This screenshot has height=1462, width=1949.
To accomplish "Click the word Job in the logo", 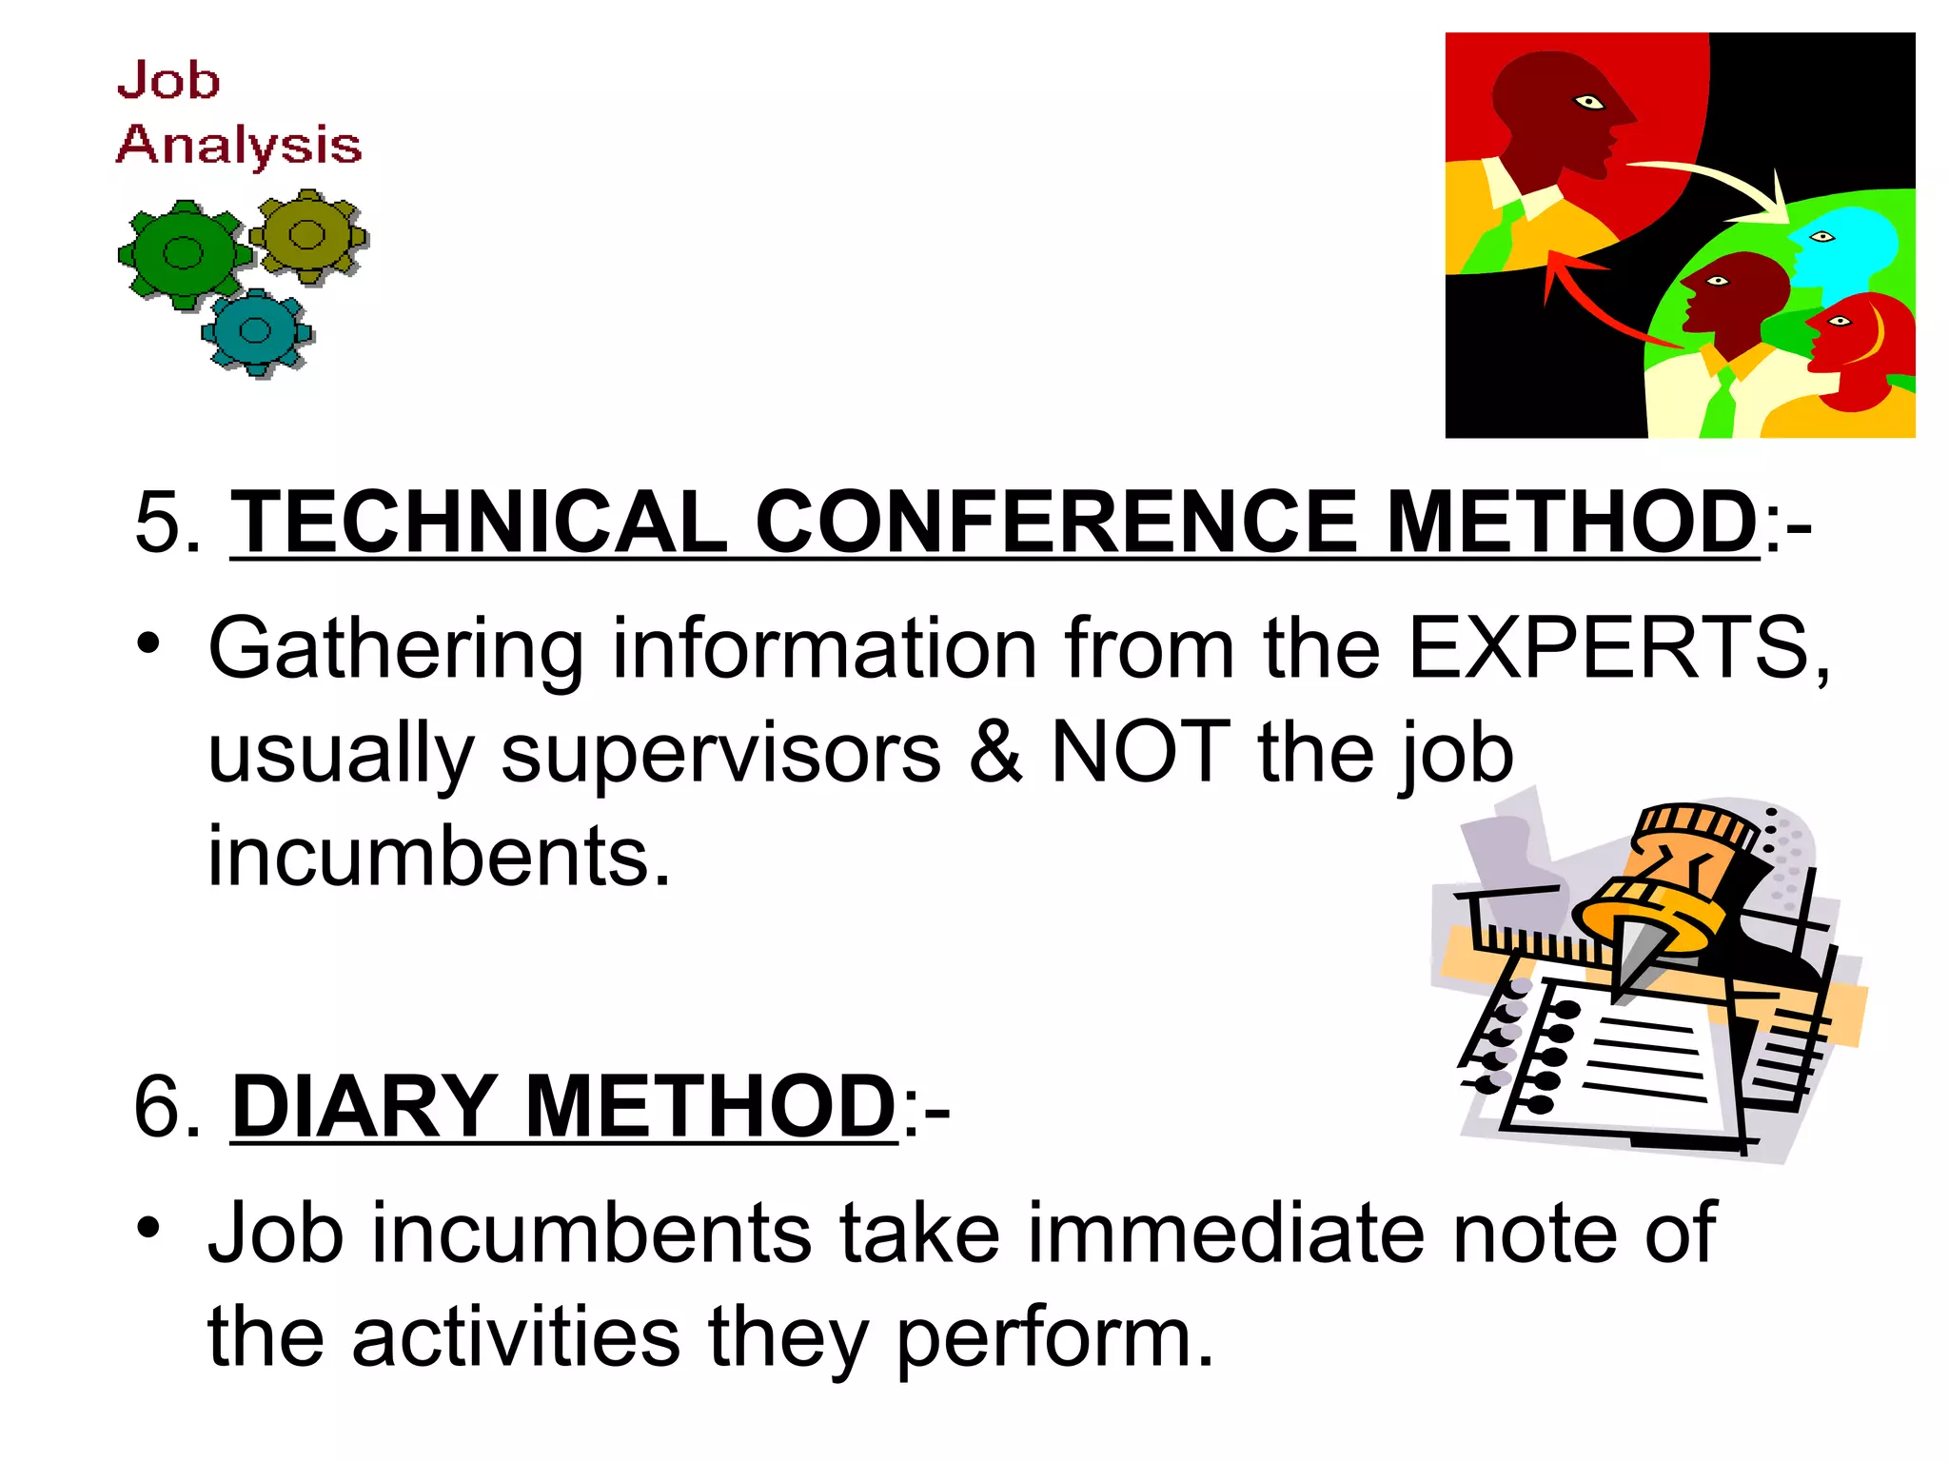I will pos(168,80).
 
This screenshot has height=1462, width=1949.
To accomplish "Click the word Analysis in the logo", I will pos(239,147).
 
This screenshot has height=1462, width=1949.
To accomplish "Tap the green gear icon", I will pos(183,253).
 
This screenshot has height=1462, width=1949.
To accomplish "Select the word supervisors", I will pos(720,753).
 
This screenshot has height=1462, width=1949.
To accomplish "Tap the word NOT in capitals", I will pos(1140,753).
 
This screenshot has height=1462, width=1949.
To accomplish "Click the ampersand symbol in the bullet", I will pos(995,753).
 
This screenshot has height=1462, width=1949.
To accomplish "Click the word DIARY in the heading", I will pos(364,1106).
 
